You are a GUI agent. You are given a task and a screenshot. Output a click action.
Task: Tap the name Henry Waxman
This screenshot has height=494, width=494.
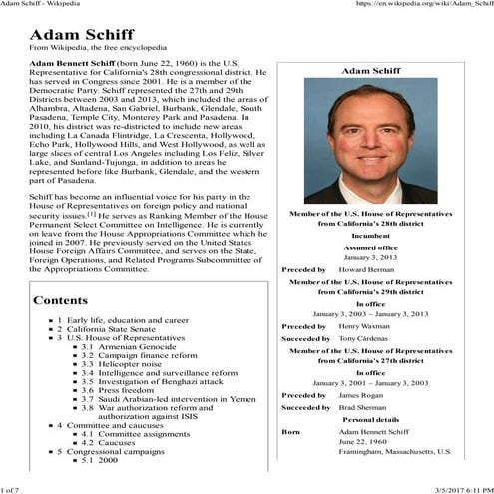[x=364, y=326]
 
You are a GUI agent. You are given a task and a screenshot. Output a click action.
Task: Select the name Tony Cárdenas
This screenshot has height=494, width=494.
[x=365, y=339]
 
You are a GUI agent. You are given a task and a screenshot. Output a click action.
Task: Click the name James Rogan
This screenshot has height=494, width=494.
[x=361, y=395]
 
